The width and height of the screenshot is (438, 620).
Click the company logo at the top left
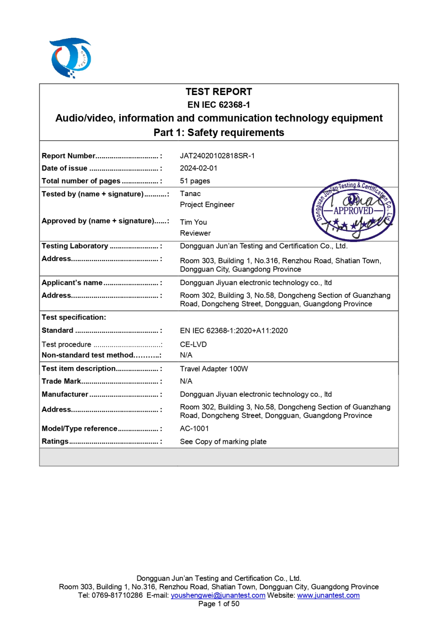click(x=71, y=58)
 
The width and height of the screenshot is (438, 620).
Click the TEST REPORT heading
click(x=219, y=92)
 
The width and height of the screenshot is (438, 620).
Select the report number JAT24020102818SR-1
click(x=217, y=156)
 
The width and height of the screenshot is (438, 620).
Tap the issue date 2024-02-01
click(x=199, y=168)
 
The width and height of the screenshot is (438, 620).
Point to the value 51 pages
click(x=195, y=181)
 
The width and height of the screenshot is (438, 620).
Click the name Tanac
click(x=190, y=194)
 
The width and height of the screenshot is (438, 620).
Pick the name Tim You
click(x=193, y=222)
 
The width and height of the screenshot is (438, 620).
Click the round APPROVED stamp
click(x=353, y=210)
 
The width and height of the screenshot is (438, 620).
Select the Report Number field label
click(x=69, y=156)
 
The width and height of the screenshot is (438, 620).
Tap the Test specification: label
click(x=74, y=318)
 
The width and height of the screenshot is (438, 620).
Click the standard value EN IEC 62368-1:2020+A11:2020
click(x=234, y=331)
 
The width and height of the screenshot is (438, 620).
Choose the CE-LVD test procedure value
click(x=193, y=344)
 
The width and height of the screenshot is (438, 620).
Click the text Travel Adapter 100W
click(x=214, y=369)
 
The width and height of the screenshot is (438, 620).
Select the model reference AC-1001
click(x=194, y=428)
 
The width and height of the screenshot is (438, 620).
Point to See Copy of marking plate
click(x=223, y=441)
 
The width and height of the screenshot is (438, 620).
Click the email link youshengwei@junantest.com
click(x=218, y=595)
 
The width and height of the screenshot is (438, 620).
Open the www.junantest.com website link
click(x=328, y=595)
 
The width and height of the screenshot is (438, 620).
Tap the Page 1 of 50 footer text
click(x=219, y=604)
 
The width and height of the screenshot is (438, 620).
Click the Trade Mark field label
click(x=61, y=381)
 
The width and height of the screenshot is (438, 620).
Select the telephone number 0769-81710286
click(x=117, y=595)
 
